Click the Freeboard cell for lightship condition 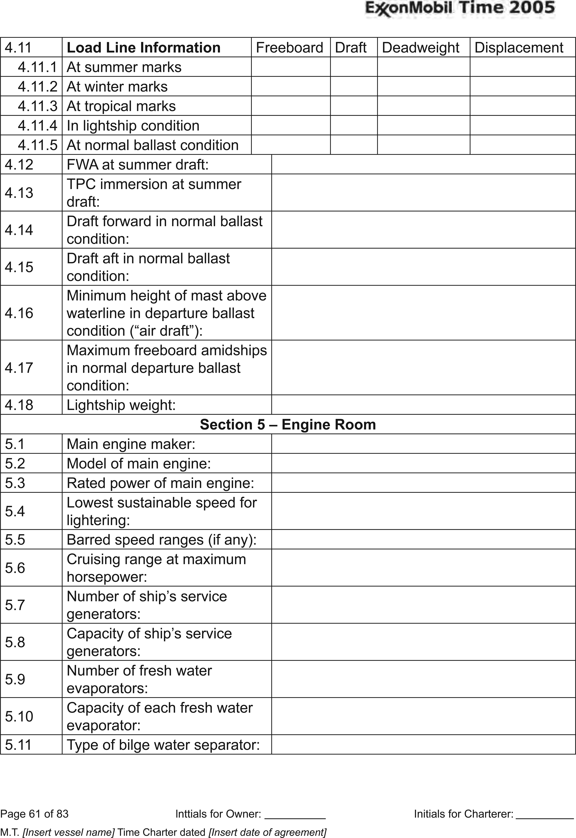(x=291, y=126)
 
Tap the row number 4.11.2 (x=38, y=87)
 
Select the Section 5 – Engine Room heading (x=288, y=424)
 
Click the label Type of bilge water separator (x=163, y=745)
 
